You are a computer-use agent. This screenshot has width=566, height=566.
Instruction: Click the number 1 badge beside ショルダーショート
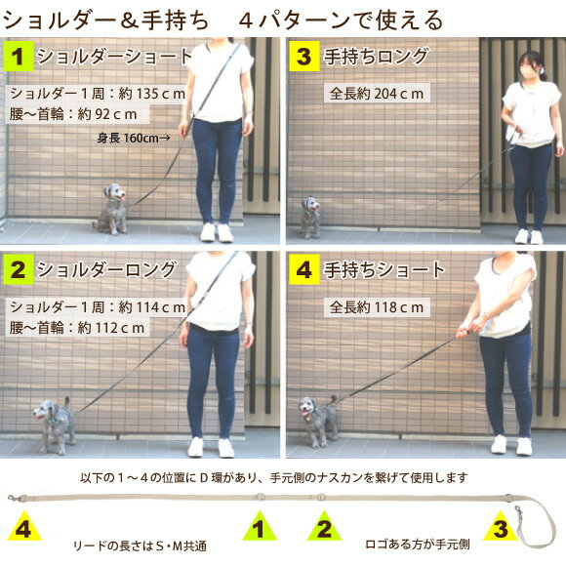tap(18, 56)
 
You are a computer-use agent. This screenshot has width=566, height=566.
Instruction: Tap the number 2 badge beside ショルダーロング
tap(18, 269)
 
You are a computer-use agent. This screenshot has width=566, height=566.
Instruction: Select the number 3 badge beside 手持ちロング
tap(303, 56)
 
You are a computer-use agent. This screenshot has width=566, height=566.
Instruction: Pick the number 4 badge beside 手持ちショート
tap(303, 269)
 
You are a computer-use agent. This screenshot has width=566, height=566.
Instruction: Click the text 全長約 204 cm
tap(377, 94)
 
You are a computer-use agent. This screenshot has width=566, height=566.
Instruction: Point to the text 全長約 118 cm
tap(377, 307)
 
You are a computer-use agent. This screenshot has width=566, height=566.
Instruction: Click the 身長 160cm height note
tap(134, 138)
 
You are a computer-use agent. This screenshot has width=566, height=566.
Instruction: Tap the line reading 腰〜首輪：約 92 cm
tap(73, 114)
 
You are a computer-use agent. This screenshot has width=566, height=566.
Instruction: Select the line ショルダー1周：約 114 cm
tap(98, 307)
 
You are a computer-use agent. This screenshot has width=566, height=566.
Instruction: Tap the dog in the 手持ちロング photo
tap(310, 218)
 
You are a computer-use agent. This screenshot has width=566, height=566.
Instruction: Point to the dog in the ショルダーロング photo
tap(54, 425)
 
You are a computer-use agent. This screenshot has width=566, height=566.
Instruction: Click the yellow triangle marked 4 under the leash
tap(23, 527)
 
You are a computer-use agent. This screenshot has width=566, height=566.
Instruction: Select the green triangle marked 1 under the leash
tap(260, 527)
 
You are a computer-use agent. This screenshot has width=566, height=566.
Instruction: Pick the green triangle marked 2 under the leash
tap(324, 527)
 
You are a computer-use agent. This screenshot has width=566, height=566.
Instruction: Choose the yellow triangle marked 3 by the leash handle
tap(501, 527)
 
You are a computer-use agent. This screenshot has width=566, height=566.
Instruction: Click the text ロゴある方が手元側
tap(418, 544)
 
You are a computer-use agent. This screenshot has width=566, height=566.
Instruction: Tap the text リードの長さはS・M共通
tap(141, 546)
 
